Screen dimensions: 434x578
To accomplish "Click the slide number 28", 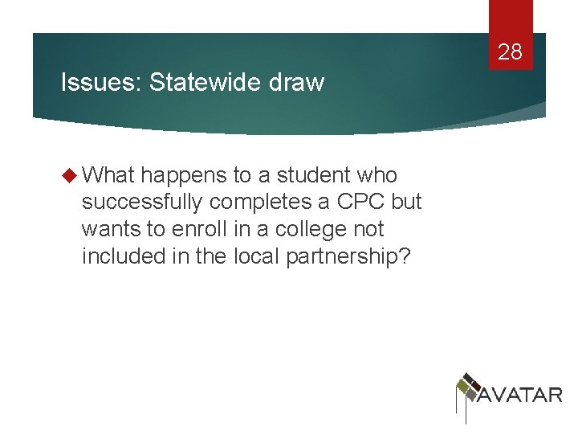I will pos(510,53).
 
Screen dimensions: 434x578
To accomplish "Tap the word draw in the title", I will pos(299,82).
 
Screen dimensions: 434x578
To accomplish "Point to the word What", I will pos(109,175).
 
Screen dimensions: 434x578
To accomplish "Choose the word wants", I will pos(112,228).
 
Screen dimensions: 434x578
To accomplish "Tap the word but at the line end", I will pos(407,202).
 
